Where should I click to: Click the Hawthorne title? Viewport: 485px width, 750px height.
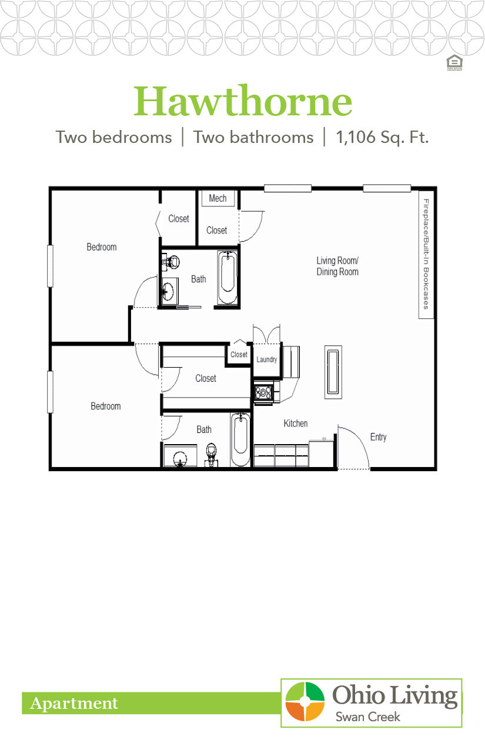(x=243, y=102)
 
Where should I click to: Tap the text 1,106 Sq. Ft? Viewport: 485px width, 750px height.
(x=382, y=138)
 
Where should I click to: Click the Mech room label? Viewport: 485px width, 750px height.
(x=218, y=198)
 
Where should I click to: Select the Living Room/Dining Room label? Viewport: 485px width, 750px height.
(x=337, y=266)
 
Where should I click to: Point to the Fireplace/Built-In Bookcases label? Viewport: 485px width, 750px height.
(x=426, y=254)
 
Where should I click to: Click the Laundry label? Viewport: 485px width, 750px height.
(x=266, y=359)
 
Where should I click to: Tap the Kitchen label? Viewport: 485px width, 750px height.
(x=295, y=424)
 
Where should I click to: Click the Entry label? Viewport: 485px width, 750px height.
(x=378, y=437)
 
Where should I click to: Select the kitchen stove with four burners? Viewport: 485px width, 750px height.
(x=263, y=393)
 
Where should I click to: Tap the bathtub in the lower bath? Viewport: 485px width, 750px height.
(x=240, y=439)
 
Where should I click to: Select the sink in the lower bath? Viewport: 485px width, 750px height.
(x=179, y=458)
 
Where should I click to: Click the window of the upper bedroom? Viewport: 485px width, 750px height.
(x=51, y=266)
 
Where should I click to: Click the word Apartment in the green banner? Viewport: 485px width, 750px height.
(x=74, y=704)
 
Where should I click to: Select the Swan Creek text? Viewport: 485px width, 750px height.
(x=367, y=716)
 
